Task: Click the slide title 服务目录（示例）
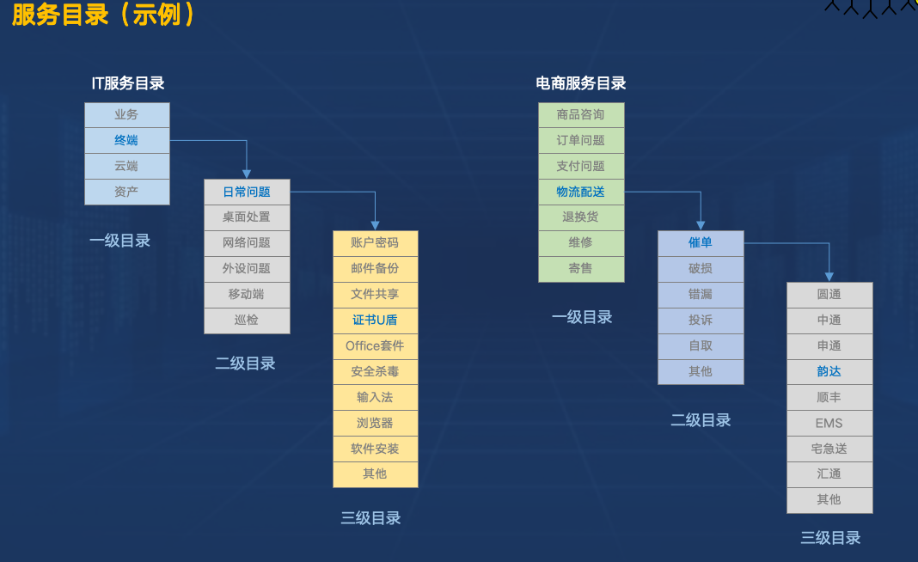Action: [103, 15]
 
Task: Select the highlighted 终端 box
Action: [126, 140]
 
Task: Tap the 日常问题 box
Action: [247, 192]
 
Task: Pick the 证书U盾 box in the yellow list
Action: [375, 321]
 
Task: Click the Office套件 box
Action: [375, 346]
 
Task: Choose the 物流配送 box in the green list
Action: [581, 192]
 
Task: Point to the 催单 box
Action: [701, 243]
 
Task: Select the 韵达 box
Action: [829, 372]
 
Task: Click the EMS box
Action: [829, 423]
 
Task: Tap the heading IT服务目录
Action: [128, 83]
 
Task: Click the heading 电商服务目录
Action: [581, 83]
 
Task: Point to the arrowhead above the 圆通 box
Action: [829, 276]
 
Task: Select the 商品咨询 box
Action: [581, 115]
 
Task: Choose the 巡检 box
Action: [247, 321]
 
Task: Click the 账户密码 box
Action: [375, 243]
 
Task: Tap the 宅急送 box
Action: [829, 449]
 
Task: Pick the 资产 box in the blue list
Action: [126, 192]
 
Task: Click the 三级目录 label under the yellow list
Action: [370, 518]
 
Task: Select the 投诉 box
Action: [701, 321]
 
